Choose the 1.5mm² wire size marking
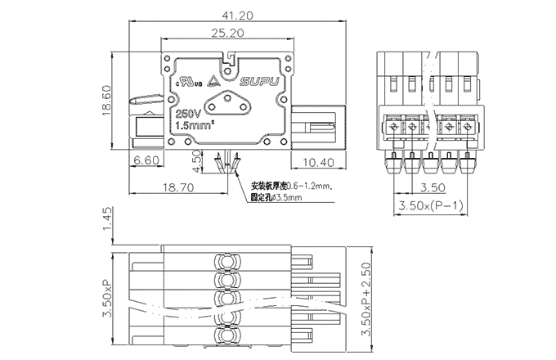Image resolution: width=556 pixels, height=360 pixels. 193,126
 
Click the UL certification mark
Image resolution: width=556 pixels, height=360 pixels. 188,82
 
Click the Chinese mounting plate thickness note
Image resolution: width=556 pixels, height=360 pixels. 290,186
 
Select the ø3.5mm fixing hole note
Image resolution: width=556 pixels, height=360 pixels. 276,198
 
